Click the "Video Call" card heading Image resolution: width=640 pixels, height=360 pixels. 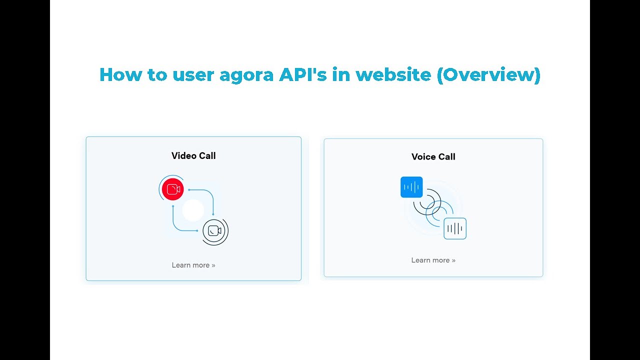tap(193, 156)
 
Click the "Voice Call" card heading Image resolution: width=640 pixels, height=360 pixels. tap(433, 157)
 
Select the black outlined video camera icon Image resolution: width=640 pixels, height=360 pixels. tap(214, 231)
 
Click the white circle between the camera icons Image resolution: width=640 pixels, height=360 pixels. tap(193, 210)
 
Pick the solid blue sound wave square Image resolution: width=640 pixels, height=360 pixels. tap(411, 187)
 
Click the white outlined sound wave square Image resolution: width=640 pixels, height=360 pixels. tap(455, 228)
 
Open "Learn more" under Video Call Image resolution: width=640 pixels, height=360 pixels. tap(193, 265)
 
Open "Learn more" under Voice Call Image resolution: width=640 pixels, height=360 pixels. tap(433, 260)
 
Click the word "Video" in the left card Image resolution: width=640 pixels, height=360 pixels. tap(183, 156)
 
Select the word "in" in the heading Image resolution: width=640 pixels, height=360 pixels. tap(343, 74)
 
